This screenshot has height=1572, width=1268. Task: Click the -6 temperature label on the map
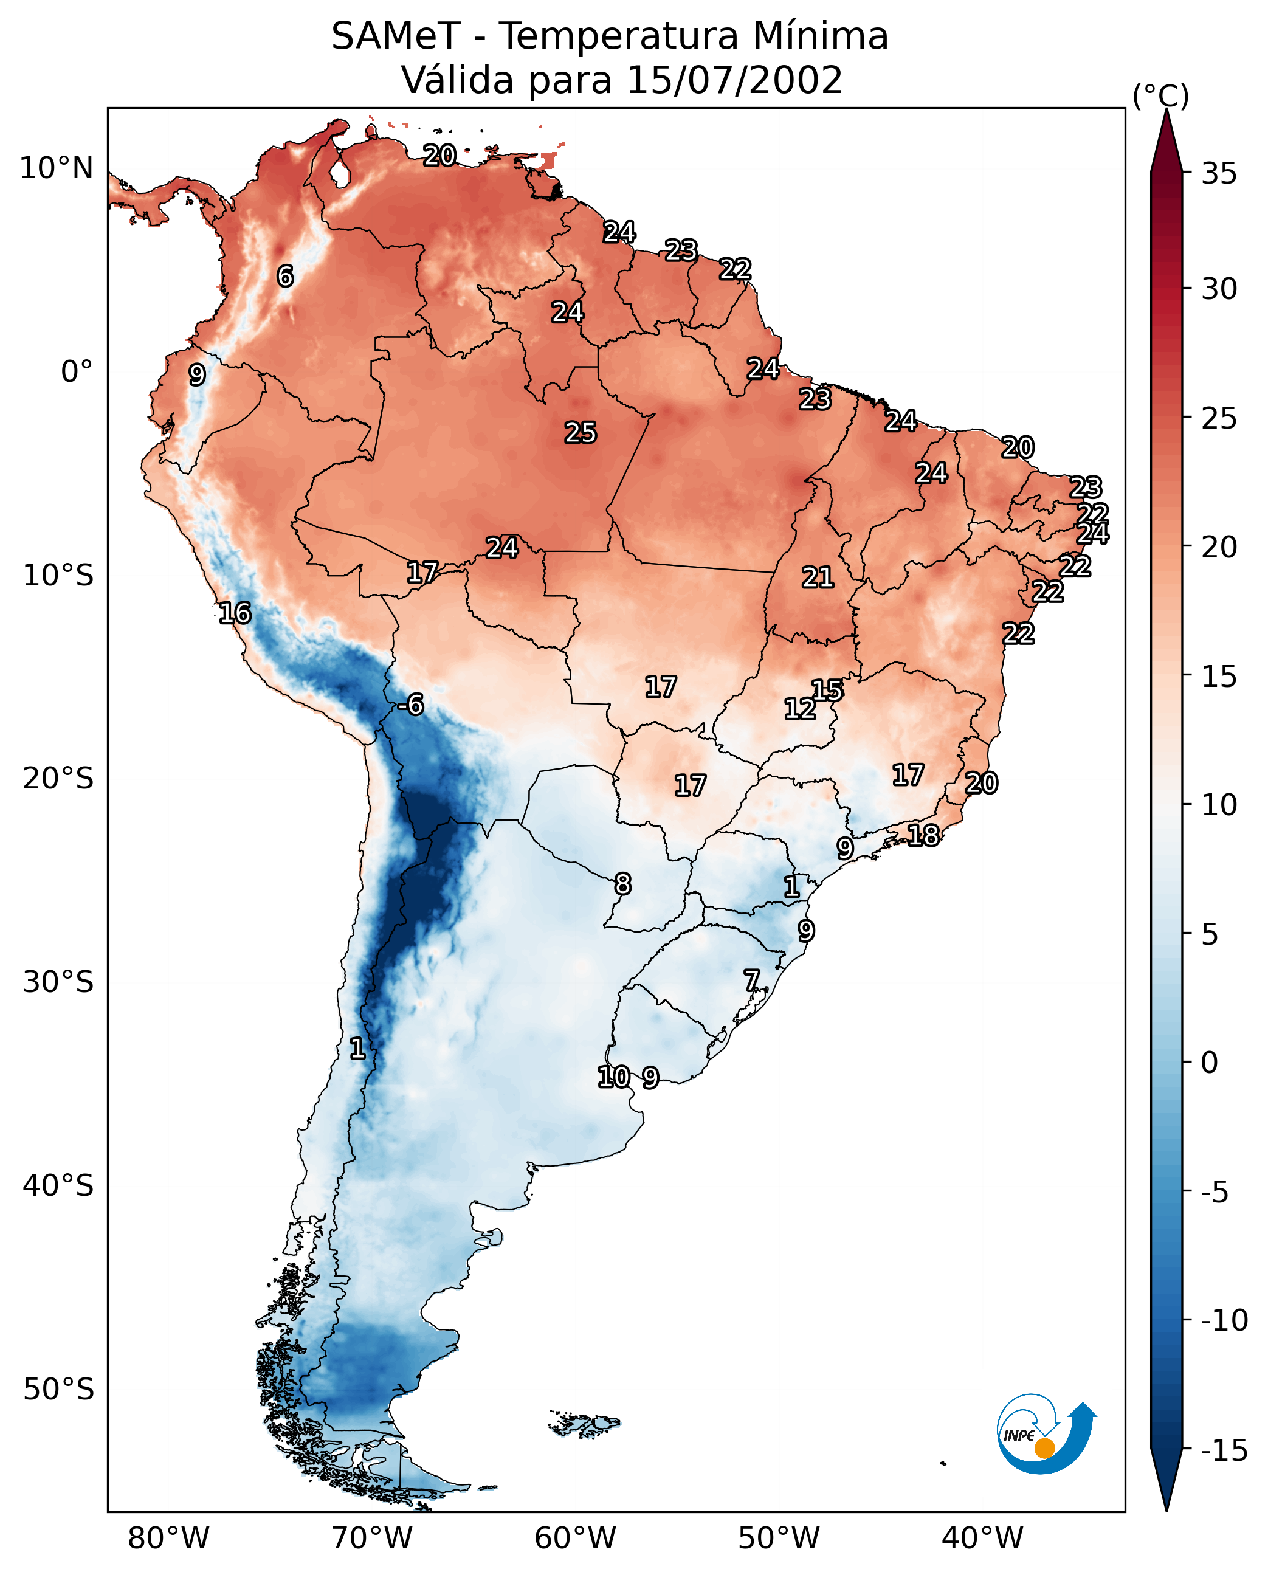pos(410,705)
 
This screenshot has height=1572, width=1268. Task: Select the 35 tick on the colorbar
pos(1219,174)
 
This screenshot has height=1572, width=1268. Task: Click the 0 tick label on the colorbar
pos(1210,1063)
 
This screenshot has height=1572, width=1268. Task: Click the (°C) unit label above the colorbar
pos(1160,95)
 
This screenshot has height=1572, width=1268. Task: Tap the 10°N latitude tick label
pos(57,169)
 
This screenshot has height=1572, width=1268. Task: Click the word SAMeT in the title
pos(395,36)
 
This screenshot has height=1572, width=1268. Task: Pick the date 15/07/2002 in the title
pos(735,80)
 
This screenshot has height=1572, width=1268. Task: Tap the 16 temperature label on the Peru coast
pos(235,613)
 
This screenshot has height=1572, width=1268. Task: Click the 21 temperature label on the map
pos(818,578)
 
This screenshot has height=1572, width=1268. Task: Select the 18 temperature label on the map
pos(923,835)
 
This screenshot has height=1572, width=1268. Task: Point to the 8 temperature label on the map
pos(622,884)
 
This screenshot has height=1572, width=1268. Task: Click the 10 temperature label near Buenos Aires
pos(613,1077)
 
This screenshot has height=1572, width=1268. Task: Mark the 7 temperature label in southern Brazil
pos(751,981)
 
